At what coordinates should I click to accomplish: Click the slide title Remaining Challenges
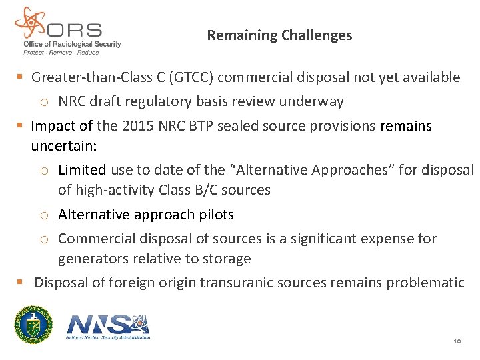pos(279,35)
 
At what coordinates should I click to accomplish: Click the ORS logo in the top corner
pos(67,30)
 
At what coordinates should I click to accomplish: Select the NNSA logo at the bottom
pos(109,325)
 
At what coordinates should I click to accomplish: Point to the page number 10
pos(457,341)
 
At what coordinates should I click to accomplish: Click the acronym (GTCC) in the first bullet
pos(191,77)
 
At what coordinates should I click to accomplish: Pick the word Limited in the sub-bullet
pos(81,170)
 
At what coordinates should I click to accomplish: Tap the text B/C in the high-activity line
pos(209,190)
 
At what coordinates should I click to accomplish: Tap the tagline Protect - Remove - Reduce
pos(61,52)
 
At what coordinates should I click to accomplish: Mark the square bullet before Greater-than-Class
pos(19,77)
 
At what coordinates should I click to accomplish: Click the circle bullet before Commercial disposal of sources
pos(45,239)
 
